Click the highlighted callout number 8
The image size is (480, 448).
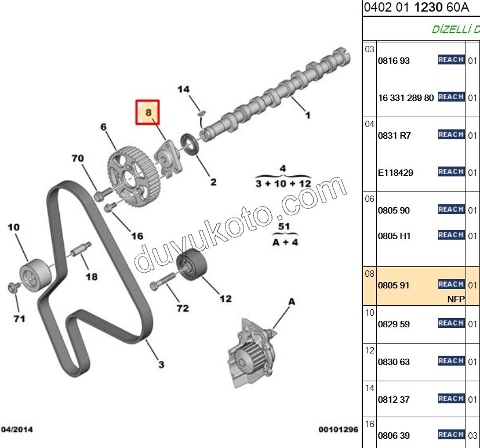pyautogui.click(x=148, y=112)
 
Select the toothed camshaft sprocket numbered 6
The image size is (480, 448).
pyautogui.click(x=134, y=177)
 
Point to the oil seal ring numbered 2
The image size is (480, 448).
pyautogui.click(x=190, y=144)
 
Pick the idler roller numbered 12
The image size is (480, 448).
pyautogui.click(x=192, y=264)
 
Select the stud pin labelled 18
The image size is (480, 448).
pyautogui.click(x=81, y=249)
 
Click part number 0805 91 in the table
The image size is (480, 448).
pyautogui.click(x=394, y=286)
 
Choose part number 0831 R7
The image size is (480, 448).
pyautogui.click(x=394, y=135)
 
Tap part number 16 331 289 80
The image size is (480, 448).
pyautogui.click(x=406, y=97)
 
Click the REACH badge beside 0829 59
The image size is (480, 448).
pyautogui.click(x=451, y=323)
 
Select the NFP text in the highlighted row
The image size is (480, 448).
pyautogui.click(x=456, y=299)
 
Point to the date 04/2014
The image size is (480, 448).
pyautogui.click(x=17, y=429)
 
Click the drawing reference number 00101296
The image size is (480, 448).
pyautogui.click(x=339, y=429)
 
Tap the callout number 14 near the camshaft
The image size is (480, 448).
pyautogui.click(x=183, y=89)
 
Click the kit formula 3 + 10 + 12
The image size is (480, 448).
pyautogui.click(x=283, y=183)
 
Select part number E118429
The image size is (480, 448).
pyautogui.click(x=395, y=173)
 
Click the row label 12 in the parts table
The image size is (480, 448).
pyautogui.click(x=369, y=351)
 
